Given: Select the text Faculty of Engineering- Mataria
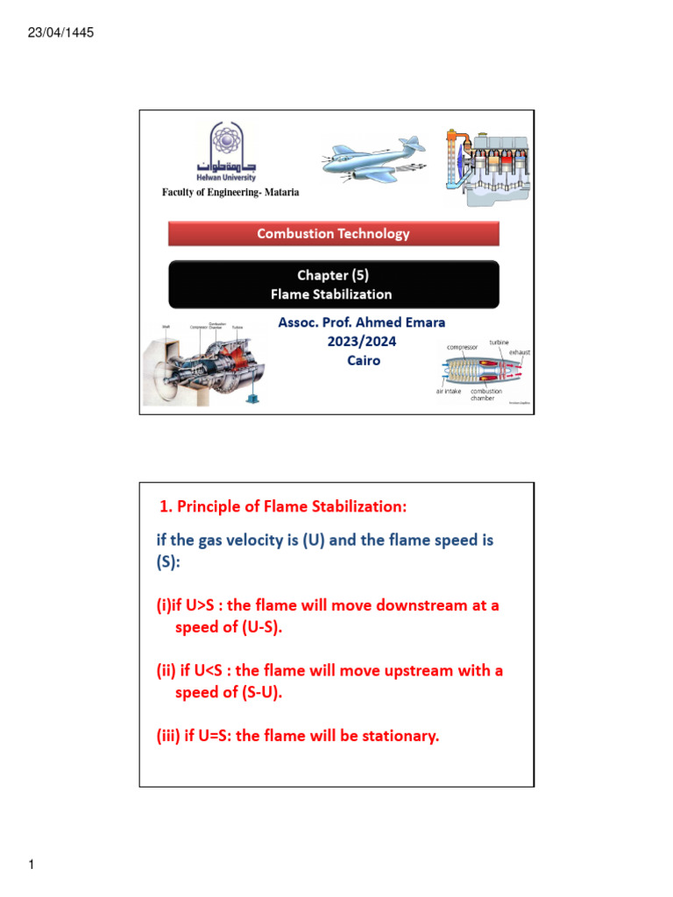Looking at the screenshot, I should click(x=230, y=193).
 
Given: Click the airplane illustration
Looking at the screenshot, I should click(x=372, y=162).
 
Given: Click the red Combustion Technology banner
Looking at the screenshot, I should click(x=333, y=233).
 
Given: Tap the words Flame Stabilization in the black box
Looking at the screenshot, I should click(x=333, y=294).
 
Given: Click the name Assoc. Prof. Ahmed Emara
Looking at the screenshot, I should click(x=361, y=323).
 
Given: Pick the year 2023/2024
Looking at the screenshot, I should click(x=363, y=342).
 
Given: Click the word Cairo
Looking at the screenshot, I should click(x=363, y=360).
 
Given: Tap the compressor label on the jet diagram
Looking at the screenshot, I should click(x=463, y=347).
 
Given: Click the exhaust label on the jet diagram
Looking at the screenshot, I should click(x=518, y=352).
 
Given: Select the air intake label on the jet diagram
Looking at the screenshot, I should click(x=449, y=392).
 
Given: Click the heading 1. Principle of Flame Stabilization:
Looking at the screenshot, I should click(x=283, y=507).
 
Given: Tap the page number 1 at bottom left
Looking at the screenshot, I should click(x=31, y=866).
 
